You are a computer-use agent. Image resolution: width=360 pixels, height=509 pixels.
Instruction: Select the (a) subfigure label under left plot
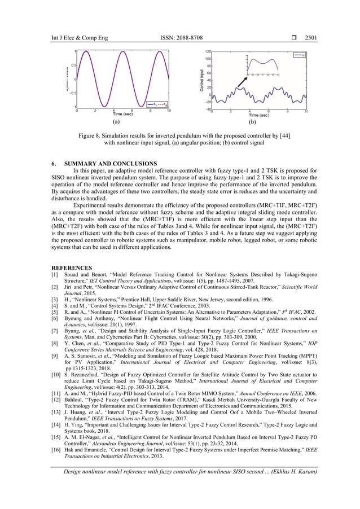pos(116,121)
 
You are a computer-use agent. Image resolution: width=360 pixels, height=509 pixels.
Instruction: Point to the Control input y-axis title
pos(201,80)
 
